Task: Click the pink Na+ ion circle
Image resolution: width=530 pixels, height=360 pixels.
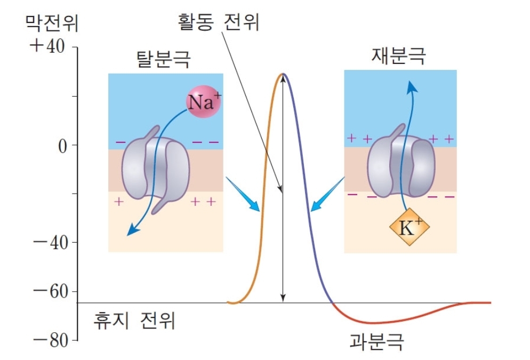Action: pyautogui.click(x=204, y=101)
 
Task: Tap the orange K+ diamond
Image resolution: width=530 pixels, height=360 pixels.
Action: pyautogui.click(x=409, y=227)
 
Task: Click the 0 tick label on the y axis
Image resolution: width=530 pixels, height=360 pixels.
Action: pyautogui.click(x=63, y=146)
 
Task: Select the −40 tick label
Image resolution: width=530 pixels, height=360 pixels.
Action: pyautogui.click(x=51, y=243)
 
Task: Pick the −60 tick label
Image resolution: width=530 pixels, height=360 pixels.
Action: pyautogui.click(x=51, y=291)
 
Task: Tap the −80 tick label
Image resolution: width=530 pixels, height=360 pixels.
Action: pyautogui.click(x=51, y=341)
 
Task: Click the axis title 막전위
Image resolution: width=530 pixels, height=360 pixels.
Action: pyautogui.click(x=52, y=23)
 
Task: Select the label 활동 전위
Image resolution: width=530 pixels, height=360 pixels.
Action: pyautogui.click(x=219, y=22)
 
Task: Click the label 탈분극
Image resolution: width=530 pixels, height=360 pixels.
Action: pyautogui.click(x=163, y=59)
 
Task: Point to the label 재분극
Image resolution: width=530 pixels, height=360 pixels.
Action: pyautogui.click(x=398, y=56)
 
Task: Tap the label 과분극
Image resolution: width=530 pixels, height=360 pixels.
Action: pyautogui.click(x=376, y=341)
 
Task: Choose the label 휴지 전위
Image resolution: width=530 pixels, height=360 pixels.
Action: pyautogui.click(x=134, y=320)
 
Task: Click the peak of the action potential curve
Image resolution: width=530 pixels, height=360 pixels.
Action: pyautogui.click(x=283, y=74)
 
